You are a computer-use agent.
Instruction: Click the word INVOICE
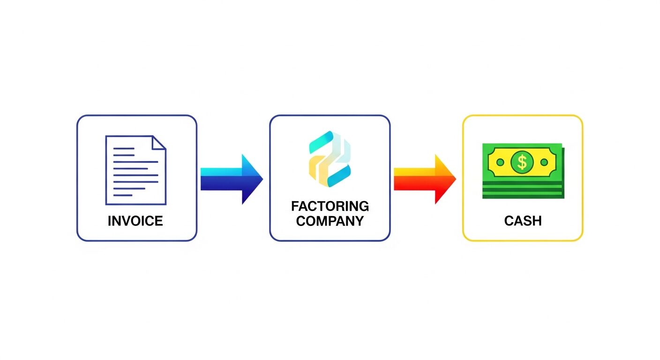tap(135, 221)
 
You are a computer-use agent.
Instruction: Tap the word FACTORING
tap(330, 206)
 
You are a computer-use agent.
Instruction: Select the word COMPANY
tap(330, 221)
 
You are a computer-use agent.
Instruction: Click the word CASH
tap(523, 221)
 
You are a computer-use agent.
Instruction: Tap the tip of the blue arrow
tap(262, 179)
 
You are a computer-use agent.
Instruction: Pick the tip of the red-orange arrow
tap(455, 179)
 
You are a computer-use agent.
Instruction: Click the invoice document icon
tap(135, 170)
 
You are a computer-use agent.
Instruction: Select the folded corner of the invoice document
tap(159, 142)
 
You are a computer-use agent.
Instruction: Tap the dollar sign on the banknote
tap(522, 162)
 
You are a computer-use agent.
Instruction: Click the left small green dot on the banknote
tap(500, 162)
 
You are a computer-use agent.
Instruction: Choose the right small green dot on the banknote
tap(544, 162)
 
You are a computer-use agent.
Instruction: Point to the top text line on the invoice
tap(124, 149)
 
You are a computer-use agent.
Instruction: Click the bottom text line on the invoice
tap(123, 195)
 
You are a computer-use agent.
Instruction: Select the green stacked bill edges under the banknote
tap(523, 189)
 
